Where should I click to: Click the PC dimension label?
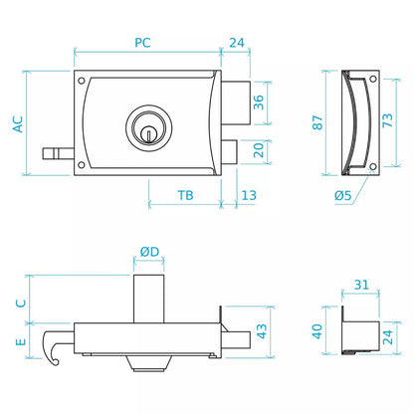click(x=142, y=43)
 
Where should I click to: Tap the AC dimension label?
click(x=18, y=124)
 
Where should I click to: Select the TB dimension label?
click(x=185, y=195)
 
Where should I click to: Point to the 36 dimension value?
click(x=259, y=103)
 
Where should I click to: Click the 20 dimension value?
click(x=259, y=150)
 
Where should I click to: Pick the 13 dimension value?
click(x=249, y=195)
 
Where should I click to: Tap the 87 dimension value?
click(x=317, y=122)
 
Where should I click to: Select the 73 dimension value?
click(x=387, y=120)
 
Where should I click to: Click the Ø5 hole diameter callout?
click(x=342, y=195)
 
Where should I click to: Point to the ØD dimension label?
click(x=149, y=252)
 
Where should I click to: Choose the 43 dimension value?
click(x=262, y=331)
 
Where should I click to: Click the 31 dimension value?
click(x=361, y=285)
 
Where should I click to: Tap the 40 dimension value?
click(x=317, y=331)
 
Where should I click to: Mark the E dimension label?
click(x=21, y=341)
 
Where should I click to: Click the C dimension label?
click(x=21, y=303)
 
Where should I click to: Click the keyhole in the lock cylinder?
click(x=149, y=134)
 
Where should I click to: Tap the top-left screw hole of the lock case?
click(x=82, y=81)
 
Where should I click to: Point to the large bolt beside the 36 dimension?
click(x=236, y=103)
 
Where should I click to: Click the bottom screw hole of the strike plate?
click(x=373, y=166)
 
